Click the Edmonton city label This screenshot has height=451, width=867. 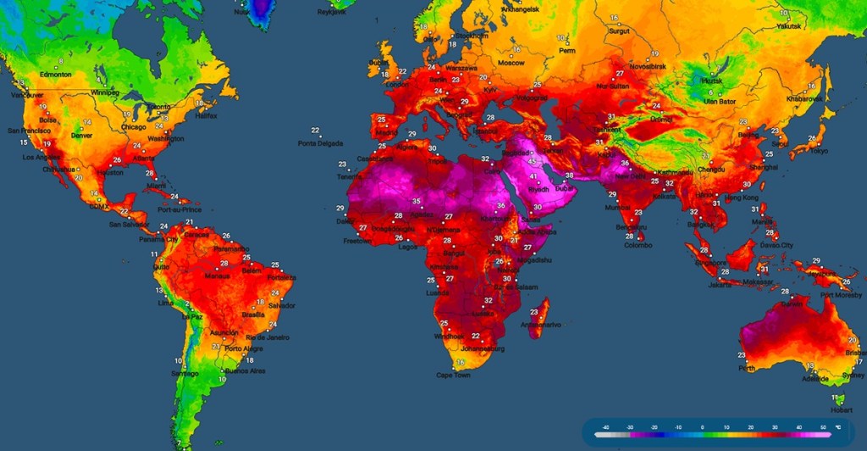55,75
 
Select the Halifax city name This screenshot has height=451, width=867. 205,115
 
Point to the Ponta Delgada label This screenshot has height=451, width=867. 320,143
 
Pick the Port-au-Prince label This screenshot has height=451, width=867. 178,209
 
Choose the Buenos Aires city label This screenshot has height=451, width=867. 246,370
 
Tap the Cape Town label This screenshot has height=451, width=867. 453,375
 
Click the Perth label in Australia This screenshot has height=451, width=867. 745,368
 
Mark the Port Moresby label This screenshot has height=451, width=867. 839,295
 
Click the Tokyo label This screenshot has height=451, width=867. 818,151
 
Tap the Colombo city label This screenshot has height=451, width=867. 638,244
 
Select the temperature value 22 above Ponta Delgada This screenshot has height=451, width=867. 315,131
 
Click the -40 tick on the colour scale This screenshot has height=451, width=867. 605,427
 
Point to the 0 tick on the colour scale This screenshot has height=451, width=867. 701,427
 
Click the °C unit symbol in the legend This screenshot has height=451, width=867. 838,427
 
